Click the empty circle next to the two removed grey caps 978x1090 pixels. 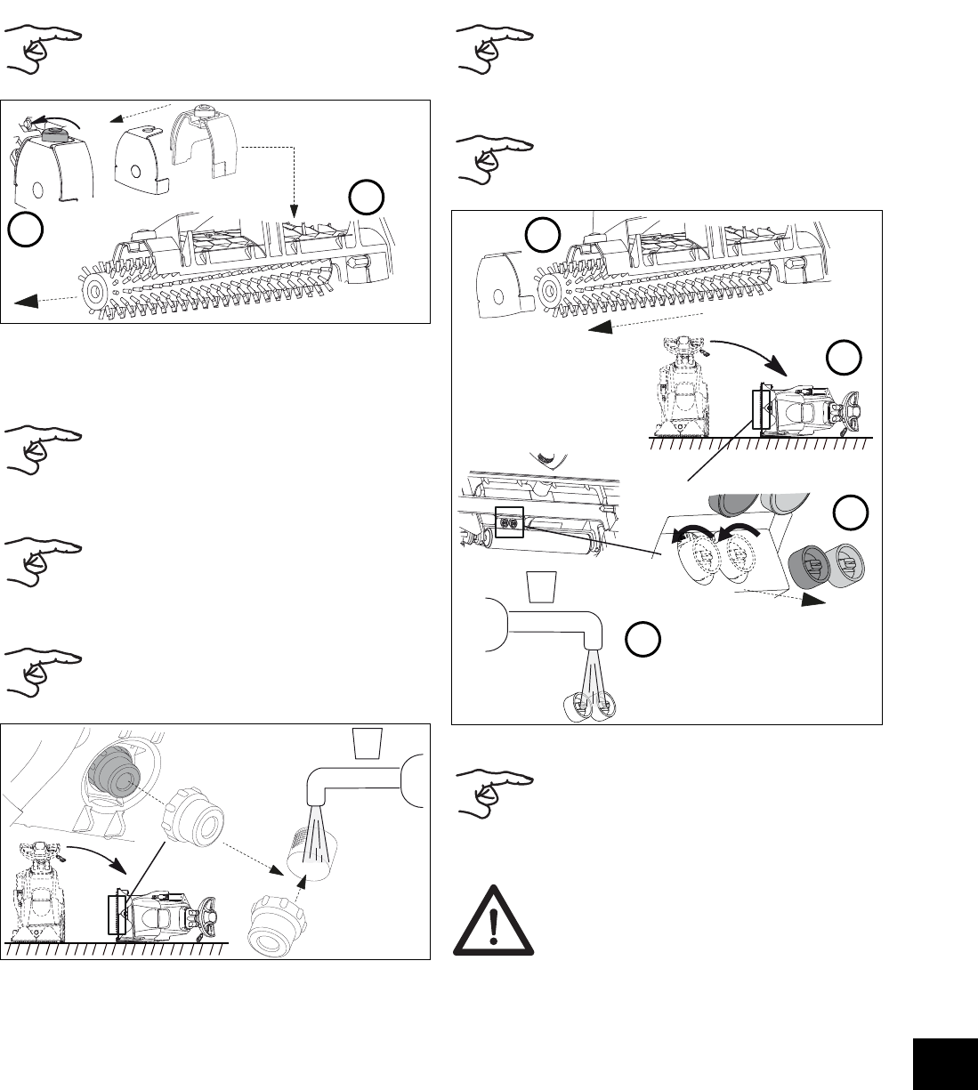(851, 513)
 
